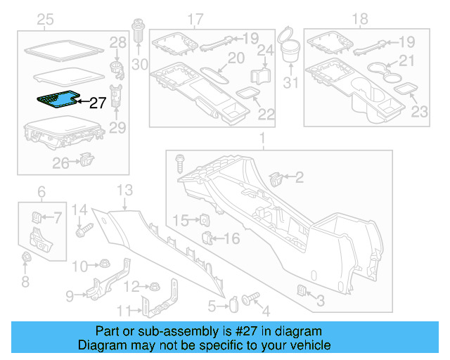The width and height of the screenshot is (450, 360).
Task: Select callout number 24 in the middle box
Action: coord(265,51)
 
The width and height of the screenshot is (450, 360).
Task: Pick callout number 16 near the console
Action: coord(231,239)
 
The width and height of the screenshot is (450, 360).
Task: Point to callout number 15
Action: coord(180,221)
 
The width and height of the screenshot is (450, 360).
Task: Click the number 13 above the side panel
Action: coord(124,189)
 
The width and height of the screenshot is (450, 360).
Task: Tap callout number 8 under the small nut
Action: coord(25,283)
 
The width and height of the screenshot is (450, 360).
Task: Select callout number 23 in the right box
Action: coord(418,110)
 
